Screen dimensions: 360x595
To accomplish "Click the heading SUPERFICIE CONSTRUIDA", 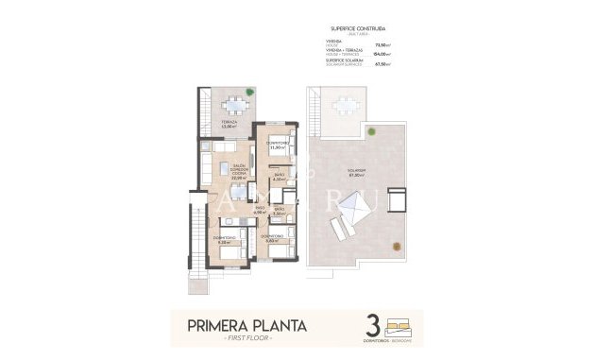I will [358, 26].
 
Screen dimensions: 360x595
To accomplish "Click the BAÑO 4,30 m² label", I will [280, 177].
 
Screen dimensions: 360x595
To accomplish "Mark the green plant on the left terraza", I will [250, 93].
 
